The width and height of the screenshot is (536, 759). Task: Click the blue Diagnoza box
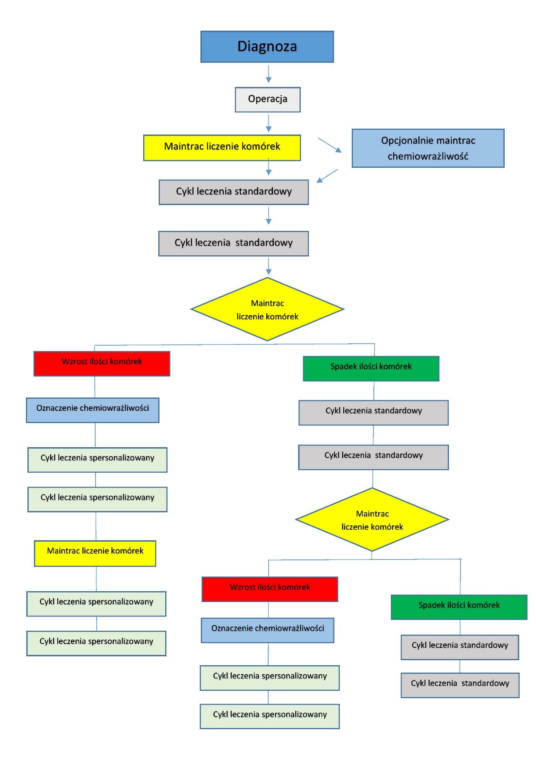click(267, 46)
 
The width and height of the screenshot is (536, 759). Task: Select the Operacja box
click(268, 100)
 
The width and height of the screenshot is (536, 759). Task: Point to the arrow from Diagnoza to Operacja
click(269, 74)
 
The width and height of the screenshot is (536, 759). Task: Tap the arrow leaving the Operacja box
click(269, 123)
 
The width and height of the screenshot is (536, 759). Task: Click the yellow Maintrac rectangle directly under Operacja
click(222, 148)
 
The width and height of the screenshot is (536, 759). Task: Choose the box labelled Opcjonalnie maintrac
click(428, 148)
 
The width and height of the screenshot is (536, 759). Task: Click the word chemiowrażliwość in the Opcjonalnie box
click(428, 156)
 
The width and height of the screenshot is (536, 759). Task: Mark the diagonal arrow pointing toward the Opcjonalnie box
click(330, 145)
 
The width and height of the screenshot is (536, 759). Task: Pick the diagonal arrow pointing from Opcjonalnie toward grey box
click(327, 176)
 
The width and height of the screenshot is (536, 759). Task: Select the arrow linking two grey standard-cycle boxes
click(269, 216)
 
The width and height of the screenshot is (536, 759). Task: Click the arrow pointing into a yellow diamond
click(269, 266)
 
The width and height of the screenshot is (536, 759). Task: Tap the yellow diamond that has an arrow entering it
click(267, 309)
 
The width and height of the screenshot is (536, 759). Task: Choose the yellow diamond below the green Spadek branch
click(372, 520)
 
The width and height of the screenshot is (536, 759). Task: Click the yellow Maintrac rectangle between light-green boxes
click(95, 553)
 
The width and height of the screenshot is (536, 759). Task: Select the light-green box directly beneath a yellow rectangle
click(96, 604)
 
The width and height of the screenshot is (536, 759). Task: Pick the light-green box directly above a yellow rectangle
click(98, 499)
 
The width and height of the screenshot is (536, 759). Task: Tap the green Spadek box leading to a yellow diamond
click(371, 368)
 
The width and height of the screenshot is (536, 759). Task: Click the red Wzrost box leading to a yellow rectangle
click(102, 363)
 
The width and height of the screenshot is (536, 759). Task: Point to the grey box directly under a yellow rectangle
click(234, 192)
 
